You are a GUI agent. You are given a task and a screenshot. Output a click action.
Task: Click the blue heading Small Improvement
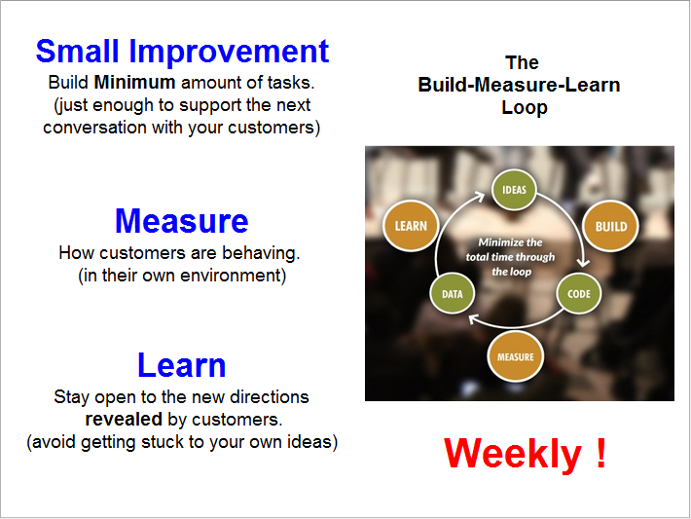pyautogui.click(x=182, y=51)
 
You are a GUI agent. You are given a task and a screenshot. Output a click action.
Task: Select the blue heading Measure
pyautogui.click(x=182, y=221)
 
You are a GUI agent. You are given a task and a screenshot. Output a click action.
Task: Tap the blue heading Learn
pyautogui.click(x=182, y=365)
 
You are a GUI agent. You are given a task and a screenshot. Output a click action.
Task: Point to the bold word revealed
pyautogui.click(x=124, y=420)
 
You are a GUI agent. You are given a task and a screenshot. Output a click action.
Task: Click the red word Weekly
pyautogui.click(x=512, y=454)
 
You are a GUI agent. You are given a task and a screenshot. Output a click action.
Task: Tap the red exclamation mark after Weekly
pyautogui.click(x=600, y=454)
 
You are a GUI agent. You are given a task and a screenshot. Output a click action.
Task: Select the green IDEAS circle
pyautogui.click(x=515, y=191)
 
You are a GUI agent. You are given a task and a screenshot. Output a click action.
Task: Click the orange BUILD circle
pyautogui.click(x=610, y=226)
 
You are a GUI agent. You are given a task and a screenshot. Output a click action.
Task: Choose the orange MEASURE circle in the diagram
pyautogui.click(x=515, y=356)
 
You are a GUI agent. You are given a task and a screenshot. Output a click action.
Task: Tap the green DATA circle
pyautogui.click(x=452, y=293)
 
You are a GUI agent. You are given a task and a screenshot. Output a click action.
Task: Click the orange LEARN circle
pyautogui.click(x=411, y=226)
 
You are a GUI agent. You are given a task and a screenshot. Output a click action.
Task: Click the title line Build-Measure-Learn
pyautogui.click(x=519, y=85)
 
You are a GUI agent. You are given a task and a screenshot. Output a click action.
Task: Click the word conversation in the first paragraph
pyautogui.click(x=99, y=127)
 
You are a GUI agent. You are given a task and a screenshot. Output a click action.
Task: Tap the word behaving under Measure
pyautogui.click(x=261, y=253)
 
